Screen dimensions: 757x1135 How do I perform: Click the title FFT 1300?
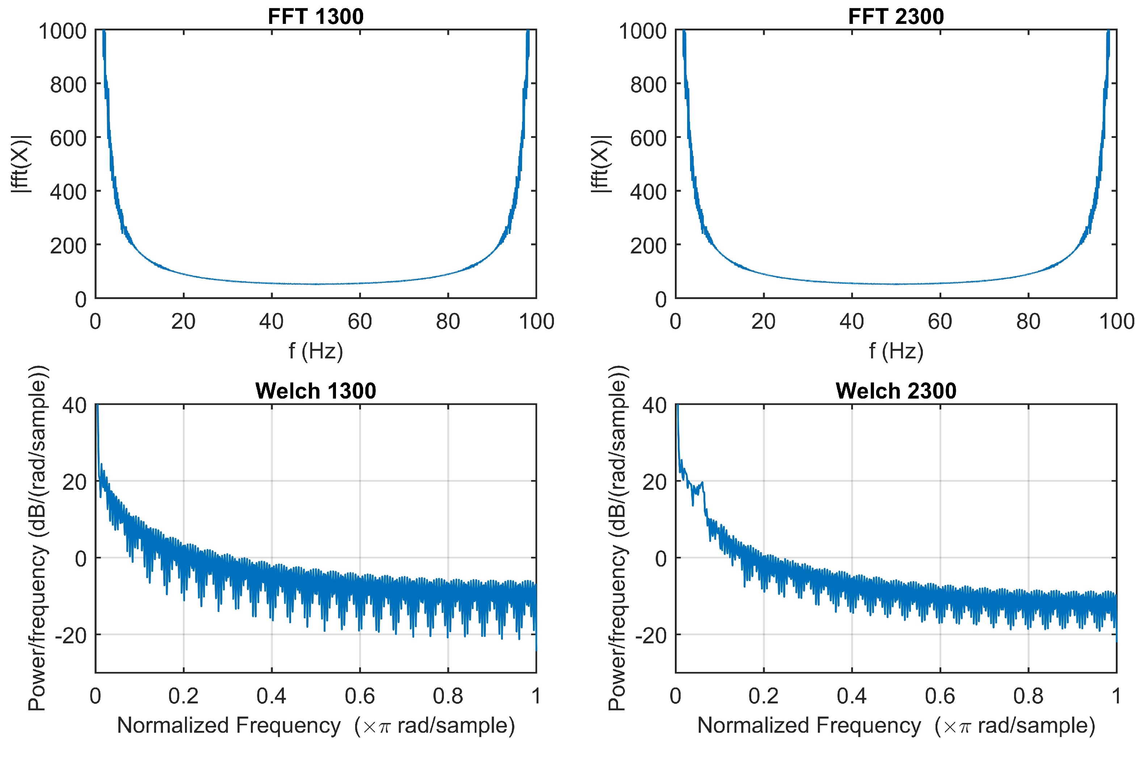coord(315,16)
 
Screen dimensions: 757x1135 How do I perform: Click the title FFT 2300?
coord(896,16)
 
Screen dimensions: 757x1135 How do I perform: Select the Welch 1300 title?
coord(315,391)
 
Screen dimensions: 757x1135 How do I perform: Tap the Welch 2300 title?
coord(896,391)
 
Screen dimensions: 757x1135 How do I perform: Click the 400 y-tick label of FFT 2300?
coord(648,192)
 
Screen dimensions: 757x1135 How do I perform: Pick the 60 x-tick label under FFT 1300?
coord(360,321)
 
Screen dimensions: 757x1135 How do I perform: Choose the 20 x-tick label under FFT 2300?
coord(763,321)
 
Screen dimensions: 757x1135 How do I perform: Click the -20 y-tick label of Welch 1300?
coord(71,636)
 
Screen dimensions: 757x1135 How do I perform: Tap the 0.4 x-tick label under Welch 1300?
coord(271,696)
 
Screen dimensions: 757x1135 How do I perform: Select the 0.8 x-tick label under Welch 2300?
coord(1028,696)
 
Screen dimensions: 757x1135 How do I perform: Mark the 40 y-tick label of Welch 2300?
coord(654,405)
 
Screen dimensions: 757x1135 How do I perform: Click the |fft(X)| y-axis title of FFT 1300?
coord(22,164)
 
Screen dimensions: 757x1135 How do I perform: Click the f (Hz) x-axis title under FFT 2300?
coord(896,351)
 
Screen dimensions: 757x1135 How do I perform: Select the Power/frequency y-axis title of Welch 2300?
coord(617,538)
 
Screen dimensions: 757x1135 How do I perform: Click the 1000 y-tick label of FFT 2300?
coord(643,31)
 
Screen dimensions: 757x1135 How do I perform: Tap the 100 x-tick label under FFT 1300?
coord(536,321)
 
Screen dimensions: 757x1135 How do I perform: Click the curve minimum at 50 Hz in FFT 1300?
coord(316,284)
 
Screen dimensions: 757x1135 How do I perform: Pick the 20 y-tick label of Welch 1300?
coord(74,482)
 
